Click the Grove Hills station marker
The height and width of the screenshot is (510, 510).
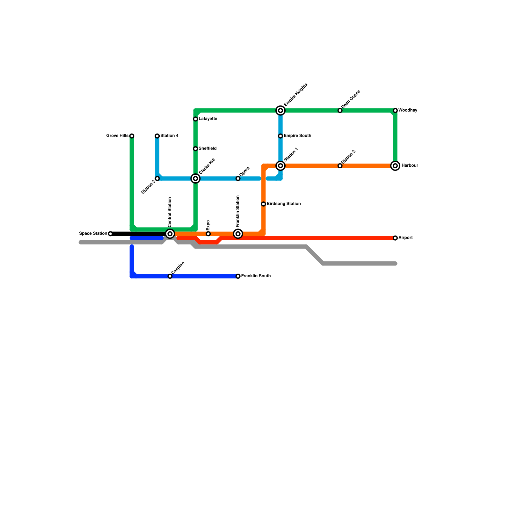pos(132,136)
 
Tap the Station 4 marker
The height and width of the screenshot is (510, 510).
pos(157,136)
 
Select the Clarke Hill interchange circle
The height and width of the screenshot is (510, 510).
pos(195,178)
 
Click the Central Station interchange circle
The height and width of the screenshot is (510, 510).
pos(170,234)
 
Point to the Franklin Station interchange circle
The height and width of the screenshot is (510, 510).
pos(238,234)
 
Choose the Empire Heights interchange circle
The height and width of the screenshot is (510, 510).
pos(280,111)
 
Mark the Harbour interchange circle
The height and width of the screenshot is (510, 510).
pos(395,166)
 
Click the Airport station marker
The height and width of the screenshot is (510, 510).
pos(395,238)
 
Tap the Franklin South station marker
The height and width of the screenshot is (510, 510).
pos(238,276)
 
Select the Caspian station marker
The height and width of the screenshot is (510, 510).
pos(170,276)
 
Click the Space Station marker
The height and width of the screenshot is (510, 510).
pos(110,234)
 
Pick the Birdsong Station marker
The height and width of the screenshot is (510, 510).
pos(264,204)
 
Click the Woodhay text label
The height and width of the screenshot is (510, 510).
pos(408,110)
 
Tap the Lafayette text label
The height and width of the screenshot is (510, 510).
pos(208,119)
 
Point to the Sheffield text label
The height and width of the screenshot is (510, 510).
pos(208,149)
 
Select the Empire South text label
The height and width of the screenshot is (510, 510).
pos(297,136)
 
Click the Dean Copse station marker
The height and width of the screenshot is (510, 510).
pos(340,111)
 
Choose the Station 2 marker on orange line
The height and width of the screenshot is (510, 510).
pos(340,166)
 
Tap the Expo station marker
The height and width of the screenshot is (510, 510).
pos(208,234)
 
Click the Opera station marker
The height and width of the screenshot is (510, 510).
pos(238,178)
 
